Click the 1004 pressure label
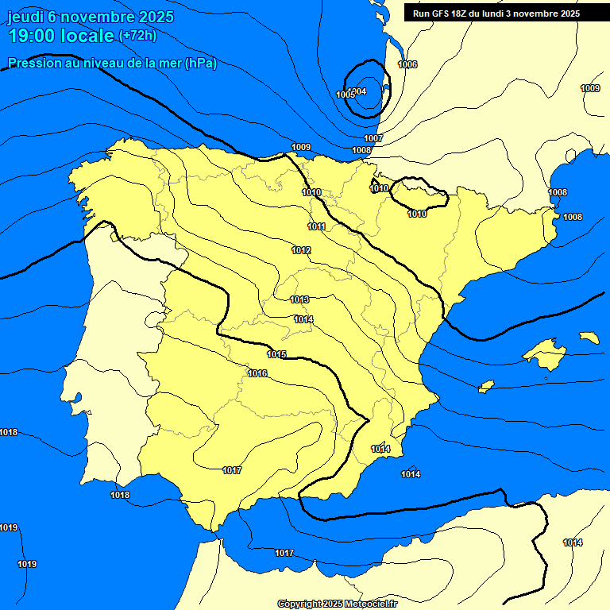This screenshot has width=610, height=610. (358, 91)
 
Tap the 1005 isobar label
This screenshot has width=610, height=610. (346, 95)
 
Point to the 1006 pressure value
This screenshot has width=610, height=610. (407, 64)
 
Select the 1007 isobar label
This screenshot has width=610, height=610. (374, 138)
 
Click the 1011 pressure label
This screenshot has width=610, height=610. (317, 226)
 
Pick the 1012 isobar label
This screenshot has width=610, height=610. (301, 250)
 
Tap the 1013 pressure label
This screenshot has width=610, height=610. (299, 299)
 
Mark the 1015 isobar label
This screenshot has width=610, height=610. (276, 354)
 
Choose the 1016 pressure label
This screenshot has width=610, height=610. (257, 373)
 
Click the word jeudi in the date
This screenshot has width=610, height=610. (25, 17)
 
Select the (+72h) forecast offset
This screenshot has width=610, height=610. (137, 35)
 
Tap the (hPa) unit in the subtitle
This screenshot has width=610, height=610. (200, 64)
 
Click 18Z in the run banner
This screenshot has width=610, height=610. (465, 14)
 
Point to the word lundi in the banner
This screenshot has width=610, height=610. (505, 14)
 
